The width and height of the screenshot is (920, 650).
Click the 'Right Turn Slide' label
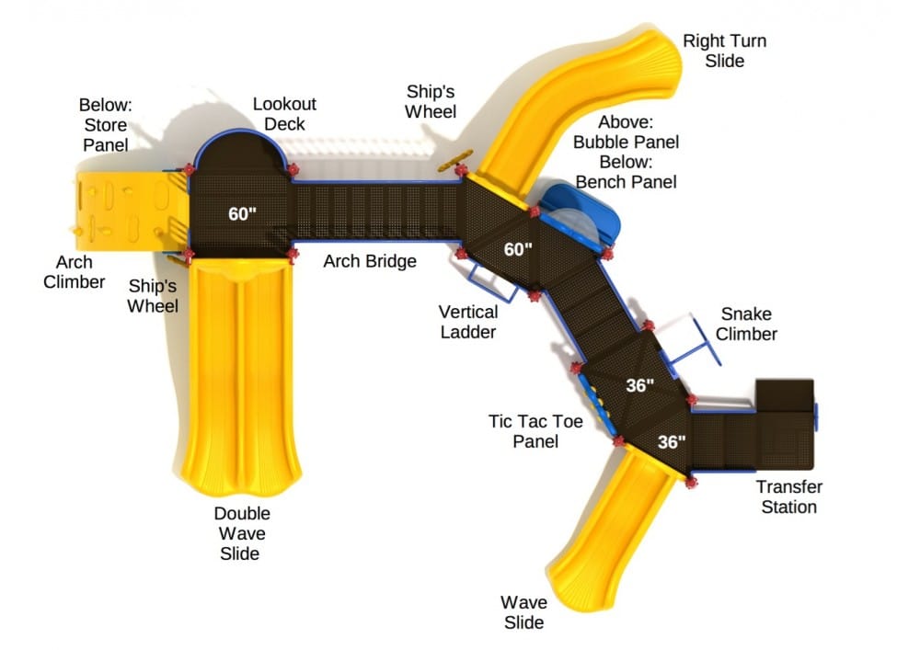click(x=724, y=51)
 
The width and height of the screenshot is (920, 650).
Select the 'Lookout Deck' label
click(x=284, y=114)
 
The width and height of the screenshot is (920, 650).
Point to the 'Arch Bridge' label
click(x=370, y=261)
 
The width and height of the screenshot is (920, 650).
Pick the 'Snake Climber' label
click(x=747, y=324)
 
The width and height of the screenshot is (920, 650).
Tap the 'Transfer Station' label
click(x=788, y=496)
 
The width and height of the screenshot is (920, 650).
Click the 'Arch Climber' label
click(x=75, y=272)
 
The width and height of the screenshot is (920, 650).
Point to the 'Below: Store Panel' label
click(x=103, y=124)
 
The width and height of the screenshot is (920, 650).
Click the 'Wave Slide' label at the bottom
click(x=523, y=612)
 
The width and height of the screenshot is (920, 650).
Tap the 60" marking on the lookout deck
click(x=242, y=214)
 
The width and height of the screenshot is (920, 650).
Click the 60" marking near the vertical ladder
click(x=518, y=249)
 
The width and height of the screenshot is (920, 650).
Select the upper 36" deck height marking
click(x=639, y=385)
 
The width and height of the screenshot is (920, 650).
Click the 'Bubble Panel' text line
click(x=626, y=142)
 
